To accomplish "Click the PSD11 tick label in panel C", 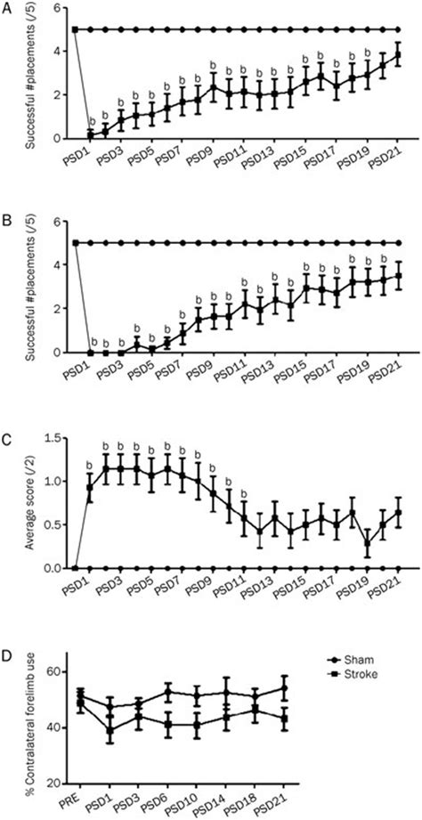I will (x=233, y=588).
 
